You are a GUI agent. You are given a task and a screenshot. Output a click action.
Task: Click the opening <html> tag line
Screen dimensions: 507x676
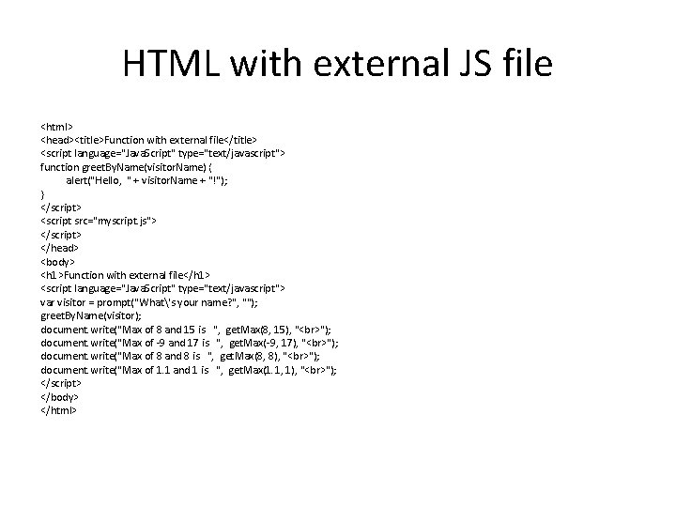pos(57,124)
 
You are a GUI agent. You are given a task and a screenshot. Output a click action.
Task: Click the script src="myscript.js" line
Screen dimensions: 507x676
pos(99,220)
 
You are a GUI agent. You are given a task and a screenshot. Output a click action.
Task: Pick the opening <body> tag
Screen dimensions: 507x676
pos(59,260)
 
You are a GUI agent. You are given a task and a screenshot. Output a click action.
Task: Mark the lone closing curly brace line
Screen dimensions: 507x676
pos(43,192)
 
